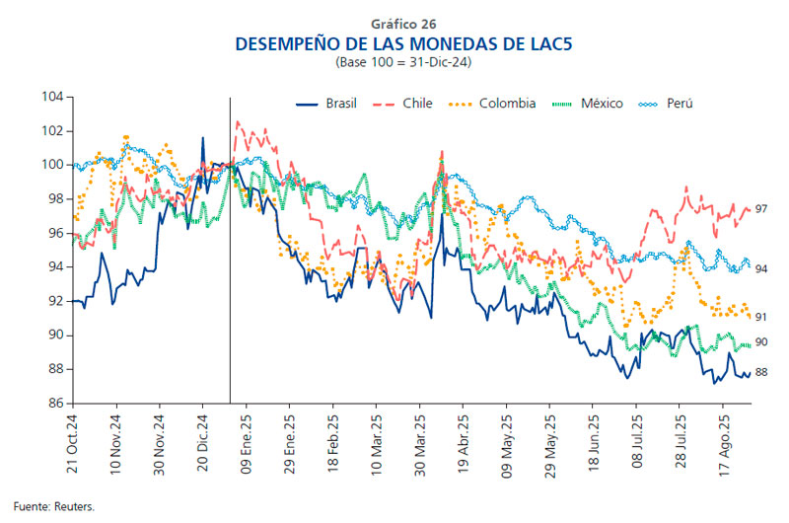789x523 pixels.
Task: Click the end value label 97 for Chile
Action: coord(761,209)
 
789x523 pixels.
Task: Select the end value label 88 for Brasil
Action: coord(761,372)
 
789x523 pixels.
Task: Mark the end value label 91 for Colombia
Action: coord(761,317)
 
